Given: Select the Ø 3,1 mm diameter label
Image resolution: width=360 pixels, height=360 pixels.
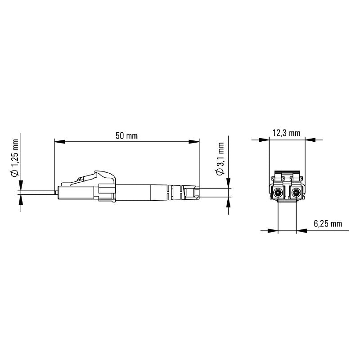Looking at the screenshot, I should (220, 160).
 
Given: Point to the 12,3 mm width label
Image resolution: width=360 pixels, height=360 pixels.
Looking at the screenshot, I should (286, 133).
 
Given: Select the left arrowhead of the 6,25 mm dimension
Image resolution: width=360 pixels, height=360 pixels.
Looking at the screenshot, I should (273, 231).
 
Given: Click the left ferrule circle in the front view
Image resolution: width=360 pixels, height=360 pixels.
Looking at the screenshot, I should (278, 194).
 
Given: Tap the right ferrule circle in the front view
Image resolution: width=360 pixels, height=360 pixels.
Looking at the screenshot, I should (296, 194).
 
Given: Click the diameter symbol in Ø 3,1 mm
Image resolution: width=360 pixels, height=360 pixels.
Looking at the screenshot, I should (220, 172).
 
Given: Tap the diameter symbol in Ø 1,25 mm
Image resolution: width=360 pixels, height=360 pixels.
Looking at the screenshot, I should (15, 173).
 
